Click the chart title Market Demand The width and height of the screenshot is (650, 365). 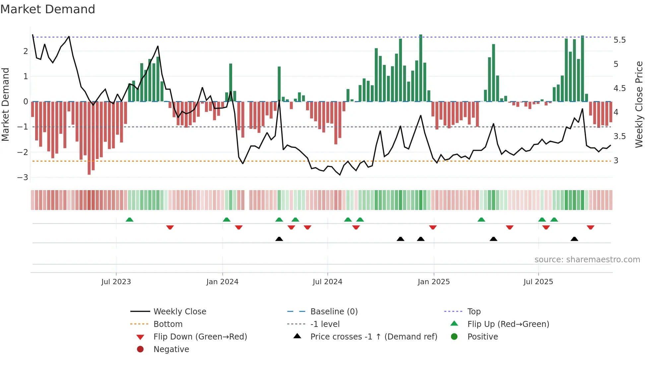point(48,9)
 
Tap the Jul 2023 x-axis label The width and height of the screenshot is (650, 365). point(116,282)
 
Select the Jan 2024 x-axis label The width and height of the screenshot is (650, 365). point(222,282)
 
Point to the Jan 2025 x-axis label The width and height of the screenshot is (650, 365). point(433,282)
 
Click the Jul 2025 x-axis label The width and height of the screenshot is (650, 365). point(538,282)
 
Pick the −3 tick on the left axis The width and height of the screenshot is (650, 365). point(23,177)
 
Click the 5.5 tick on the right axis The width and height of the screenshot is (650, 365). point(619,40)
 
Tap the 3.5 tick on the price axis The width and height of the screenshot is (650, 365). point(619,136)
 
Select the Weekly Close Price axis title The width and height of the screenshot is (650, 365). point(639,104)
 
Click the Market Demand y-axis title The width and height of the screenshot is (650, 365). point(6,104)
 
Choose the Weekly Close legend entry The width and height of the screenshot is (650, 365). point(179,311)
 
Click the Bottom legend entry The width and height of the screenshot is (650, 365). point(168,324)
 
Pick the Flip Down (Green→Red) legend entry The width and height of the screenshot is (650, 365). point(200,337)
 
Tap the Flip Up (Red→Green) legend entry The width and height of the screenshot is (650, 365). point(508,324)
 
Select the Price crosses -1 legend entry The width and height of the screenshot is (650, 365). point(373,337)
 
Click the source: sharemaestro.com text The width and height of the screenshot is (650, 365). point(587,260)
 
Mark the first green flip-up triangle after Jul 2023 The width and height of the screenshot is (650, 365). point(130,220)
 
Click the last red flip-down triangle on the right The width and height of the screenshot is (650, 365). point(590,227)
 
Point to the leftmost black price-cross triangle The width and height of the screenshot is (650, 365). point(279,239)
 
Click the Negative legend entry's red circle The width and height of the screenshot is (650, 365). point(140,349)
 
